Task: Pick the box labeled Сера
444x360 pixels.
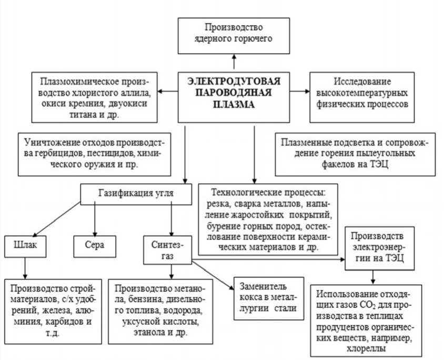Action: point(95,245)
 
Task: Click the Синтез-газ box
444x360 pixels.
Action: point(168,249)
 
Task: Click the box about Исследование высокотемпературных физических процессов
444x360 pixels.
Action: point(363,94)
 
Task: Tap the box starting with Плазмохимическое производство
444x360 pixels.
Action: point(94,94)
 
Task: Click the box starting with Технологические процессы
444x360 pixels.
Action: point(268,220)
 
